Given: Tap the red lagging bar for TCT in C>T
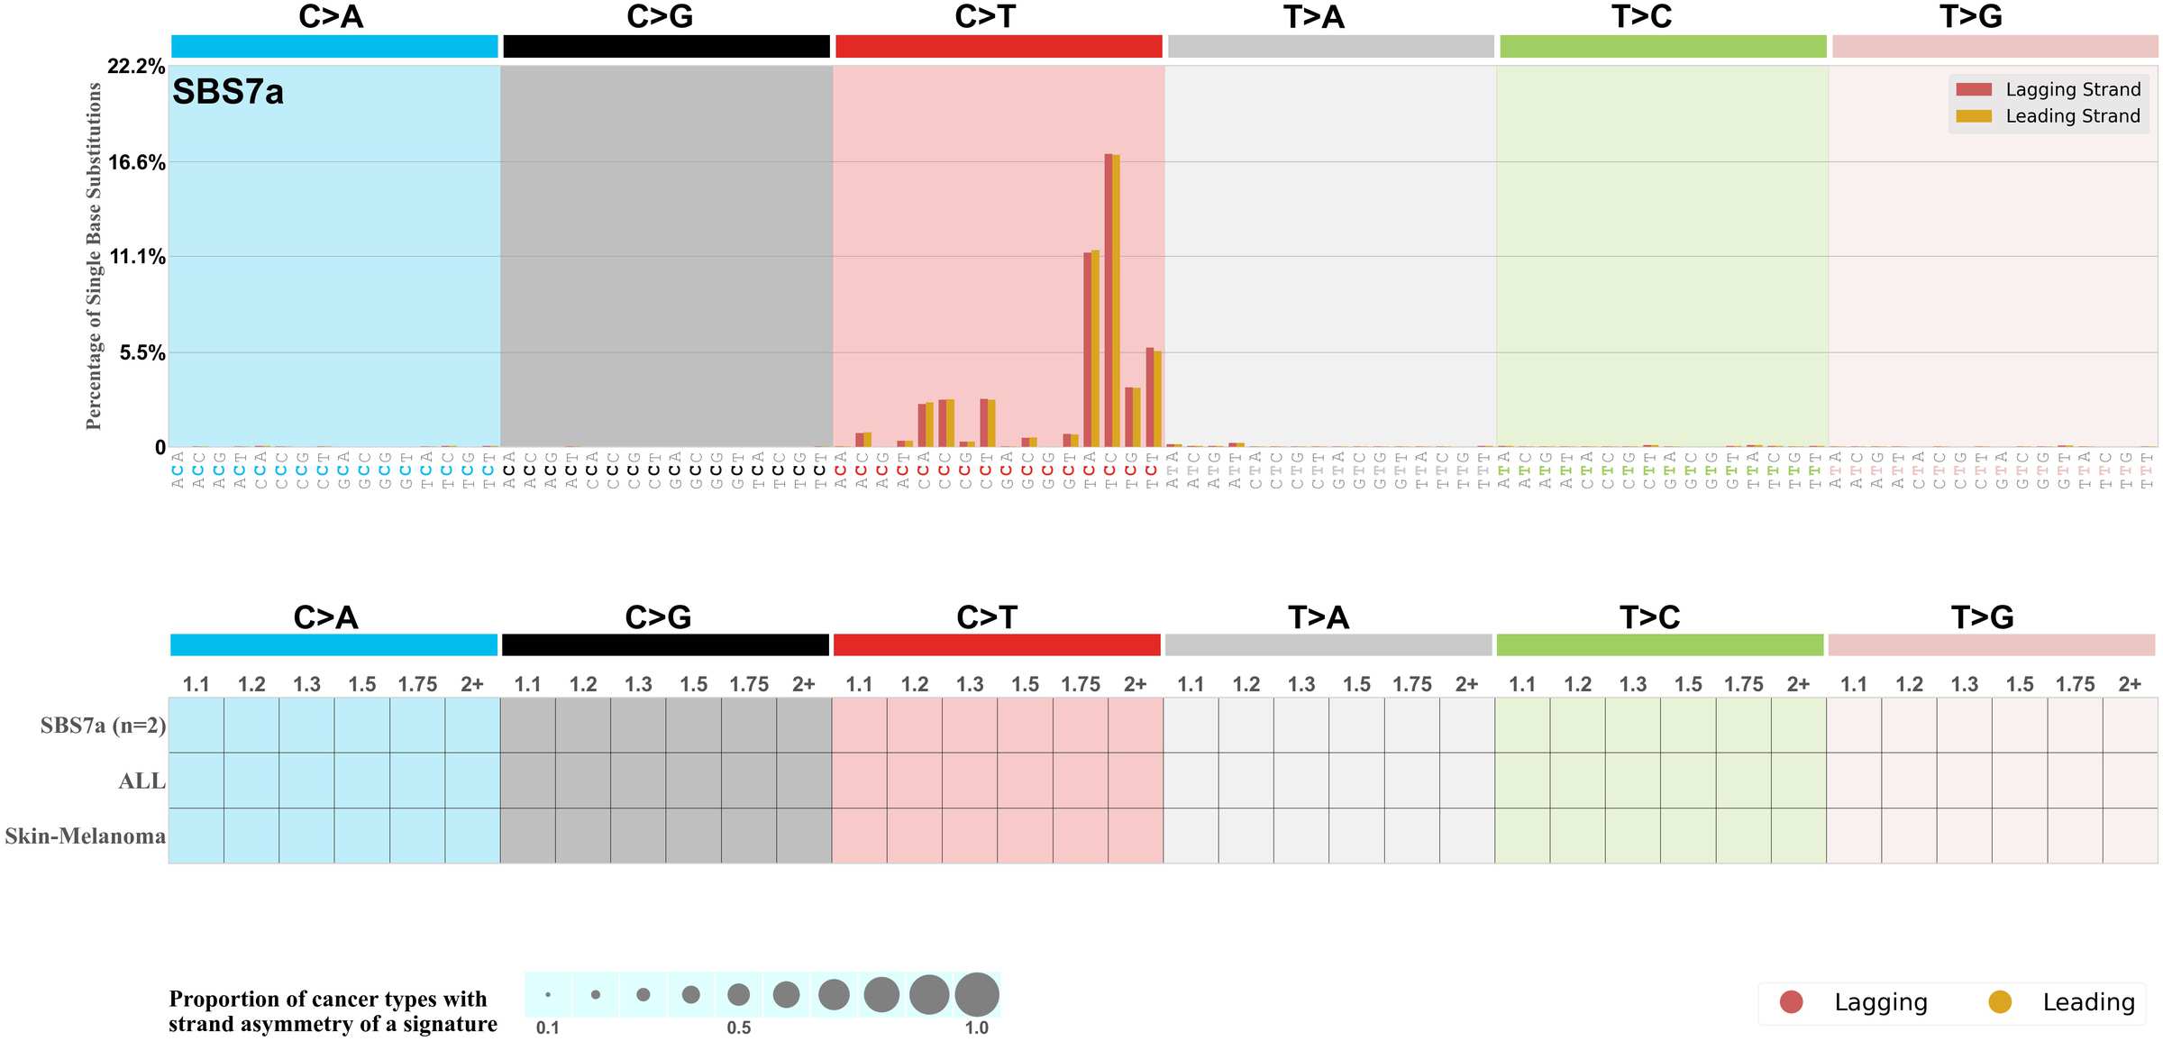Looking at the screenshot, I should coord(1149,397).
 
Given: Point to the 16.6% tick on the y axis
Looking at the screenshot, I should coord(137,163).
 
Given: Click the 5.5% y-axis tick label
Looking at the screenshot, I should coord(142,353).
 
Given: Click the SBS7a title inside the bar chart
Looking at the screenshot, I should coord(228,93).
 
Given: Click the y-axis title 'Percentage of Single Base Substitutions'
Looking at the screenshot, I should coord(94,256).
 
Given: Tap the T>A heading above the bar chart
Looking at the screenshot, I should coord(1313,17).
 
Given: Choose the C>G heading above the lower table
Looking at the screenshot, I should coord(658,617).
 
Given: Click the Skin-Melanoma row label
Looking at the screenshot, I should coord(86,836).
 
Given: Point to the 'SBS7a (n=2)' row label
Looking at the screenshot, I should coord(103,726).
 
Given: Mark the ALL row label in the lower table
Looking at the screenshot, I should coord(141,781).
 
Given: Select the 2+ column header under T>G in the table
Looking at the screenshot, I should coord(2130,684).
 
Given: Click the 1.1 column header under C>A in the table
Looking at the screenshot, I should coord(196,684).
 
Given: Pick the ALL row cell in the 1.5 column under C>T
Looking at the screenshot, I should coord(1025,781).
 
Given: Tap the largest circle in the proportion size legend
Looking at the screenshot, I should coord(977,995).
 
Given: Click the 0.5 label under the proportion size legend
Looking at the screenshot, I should coord(739,1028).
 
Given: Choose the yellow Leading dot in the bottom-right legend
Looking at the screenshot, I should coord(2000,1002).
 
